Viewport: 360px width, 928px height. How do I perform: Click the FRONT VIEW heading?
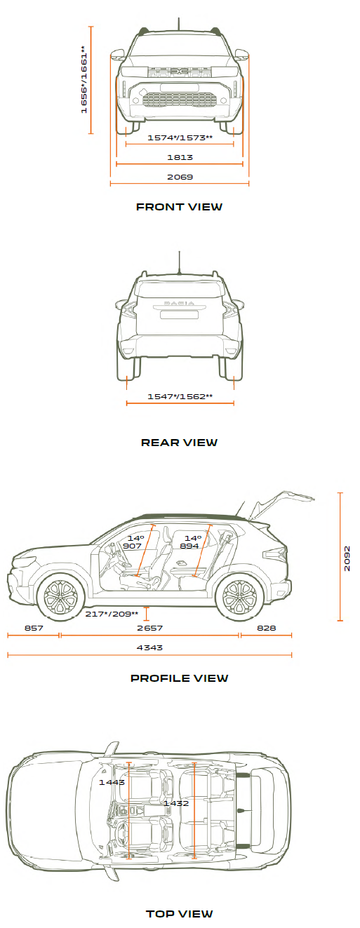click(x=179, y=207)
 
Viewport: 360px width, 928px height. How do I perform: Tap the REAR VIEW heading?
click(x=179, y=443)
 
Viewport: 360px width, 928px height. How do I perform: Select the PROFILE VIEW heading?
click(x=179, y=678)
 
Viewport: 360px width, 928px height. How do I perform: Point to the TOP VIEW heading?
click(x=179, y=914)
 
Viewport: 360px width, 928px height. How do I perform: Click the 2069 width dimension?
click(x=180, y=177)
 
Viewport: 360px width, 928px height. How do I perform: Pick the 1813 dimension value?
click(x=180, y=157)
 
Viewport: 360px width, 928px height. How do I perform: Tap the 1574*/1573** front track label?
click(x=180, y=137)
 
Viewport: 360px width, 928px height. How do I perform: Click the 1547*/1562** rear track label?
click(x=180, y=396)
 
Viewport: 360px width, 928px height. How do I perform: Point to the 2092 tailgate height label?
click(x=347, y=559)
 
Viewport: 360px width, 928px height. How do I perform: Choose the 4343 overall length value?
click(x=149, y=647)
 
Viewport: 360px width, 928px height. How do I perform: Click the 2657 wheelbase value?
click(x=149, y=628)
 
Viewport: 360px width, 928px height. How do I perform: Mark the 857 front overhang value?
click(x=34, y=628)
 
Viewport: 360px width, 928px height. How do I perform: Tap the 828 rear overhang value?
click(x=267, y=628)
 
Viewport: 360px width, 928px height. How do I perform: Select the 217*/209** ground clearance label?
click(x=112, y=614)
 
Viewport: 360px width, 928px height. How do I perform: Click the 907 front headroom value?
click(x=132, y=546)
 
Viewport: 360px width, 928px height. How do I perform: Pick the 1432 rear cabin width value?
click(x=176, y=803)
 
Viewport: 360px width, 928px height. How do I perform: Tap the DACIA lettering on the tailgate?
click(x=179, y=304)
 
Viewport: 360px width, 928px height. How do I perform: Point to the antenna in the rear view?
click(x=180, y=262)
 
